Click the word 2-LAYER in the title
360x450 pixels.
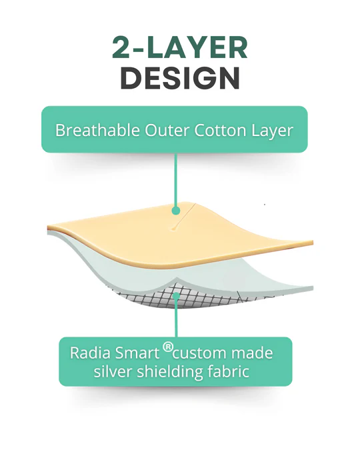[x=180, y=48]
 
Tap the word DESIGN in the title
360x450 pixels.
[x=180, y=77]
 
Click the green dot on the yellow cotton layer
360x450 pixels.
[x=176, y=210]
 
